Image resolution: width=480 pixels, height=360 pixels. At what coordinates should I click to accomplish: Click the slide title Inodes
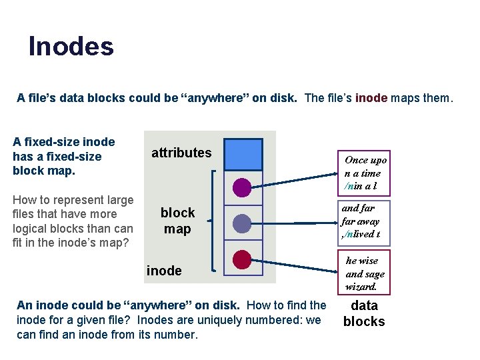click(71, 47)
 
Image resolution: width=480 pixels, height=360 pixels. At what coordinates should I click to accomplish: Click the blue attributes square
click(243, 155)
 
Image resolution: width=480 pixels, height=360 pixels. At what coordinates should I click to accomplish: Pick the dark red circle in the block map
click(243, 259)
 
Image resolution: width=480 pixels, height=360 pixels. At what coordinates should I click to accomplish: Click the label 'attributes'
click(181, 153)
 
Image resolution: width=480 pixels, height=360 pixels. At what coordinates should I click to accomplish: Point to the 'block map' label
click(177, 221)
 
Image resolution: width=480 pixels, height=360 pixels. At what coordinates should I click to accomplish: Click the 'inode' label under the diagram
click(164, 270)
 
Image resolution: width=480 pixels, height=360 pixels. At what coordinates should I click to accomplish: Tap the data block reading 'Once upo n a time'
click(364, 172)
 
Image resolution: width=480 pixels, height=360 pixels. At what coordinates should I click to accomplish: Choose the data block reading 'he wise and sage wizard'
click(363, 273)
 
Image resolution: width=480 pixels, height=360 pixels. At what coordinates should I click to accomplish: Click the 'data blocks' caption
click(364, 313)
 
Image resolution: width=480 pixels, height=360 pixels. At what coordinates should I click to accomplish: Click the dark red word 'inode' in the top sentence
click(371, 98)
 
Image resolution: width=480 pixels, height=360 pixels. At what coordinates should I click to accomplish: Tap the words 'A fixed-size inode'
click(64, 142)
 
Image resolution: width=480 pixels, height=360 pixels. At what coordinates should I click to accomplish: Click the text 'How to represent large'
click(73, 200)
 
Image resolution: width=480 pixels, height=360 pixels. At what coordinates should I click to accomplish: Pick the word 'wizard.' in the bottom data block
click(361, 287)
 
